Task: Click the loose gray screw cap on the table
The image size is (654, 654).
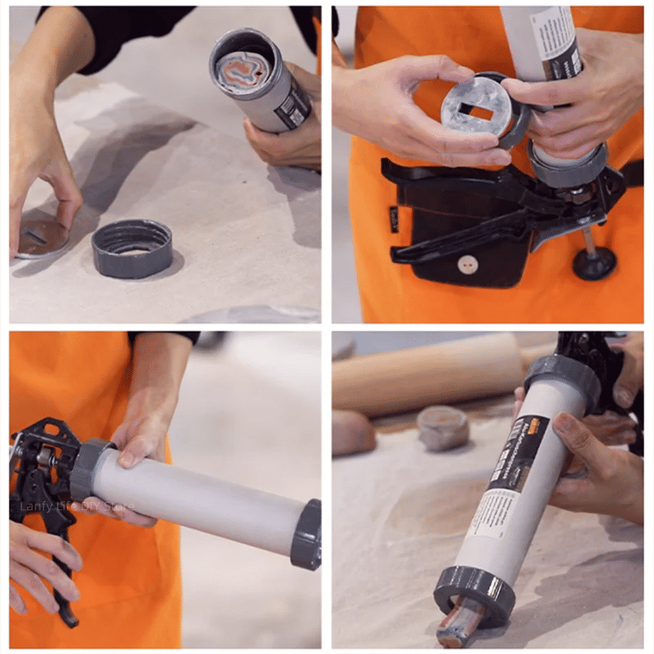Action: click(x=132, y=249)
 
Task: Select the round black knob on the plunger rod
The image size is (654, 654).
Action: click(x=593, y=263)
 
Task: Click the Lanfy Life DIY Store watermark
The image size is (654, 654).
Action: click(x=78, y=506)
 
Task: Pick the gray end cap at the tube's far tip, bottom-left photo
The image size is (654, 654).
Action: click(x=307, y=534)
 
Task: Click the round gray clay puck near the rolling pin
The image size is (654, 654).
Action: click(x=442, y=428)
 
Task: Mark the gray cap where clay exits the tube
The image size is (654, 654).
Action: click(x=474, y=595)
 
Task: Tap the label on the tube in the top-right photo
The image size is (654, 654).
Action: click(x=556, y=41)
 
